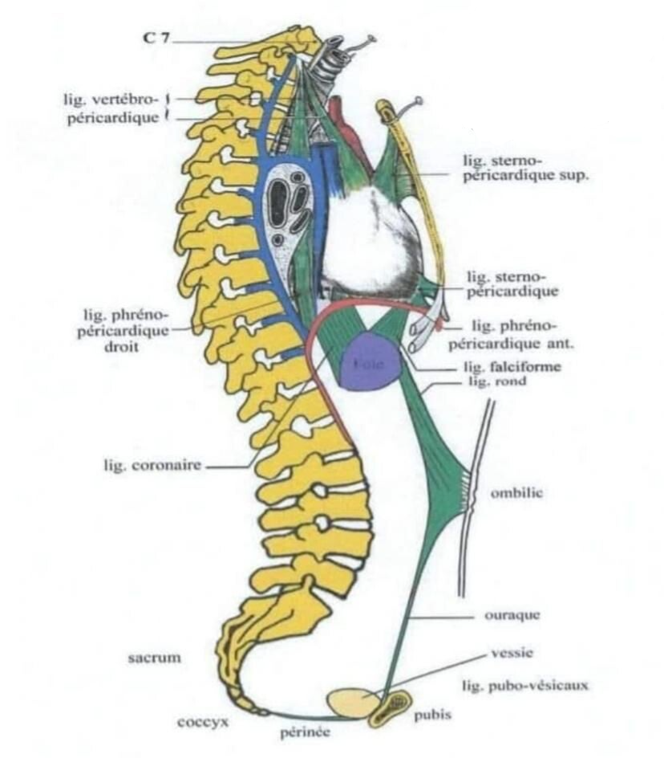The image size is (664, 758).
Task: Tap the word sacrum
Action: click(155, 658)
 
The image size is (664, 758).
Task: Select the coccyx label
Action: click(203, 721)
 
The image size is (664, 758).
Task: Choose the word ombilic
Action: click(516, 492)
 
